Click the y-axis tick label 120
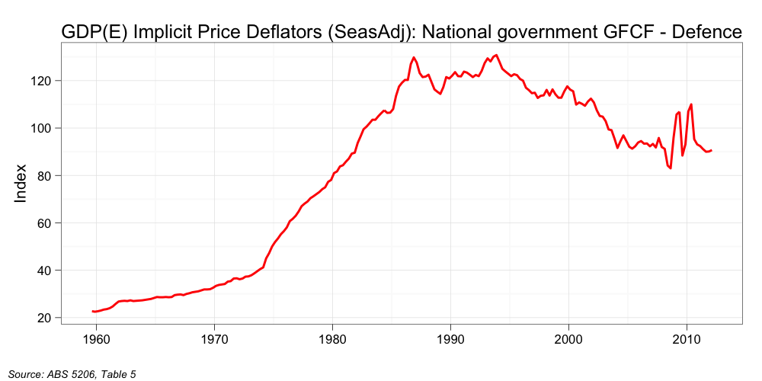pyautogui.click(x=40, y=81)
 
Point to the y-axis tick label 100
pyautogui.click(x=40, y=128)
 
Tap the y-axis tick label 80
pyautogui.click(x=43, y=175)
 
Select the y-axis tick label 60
pyautogui.click(x=43, y=223)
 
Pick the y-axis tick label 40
pyautogui.click(x=43, y=271)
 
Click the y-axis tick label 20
pyautogui.click(x=43, y=318)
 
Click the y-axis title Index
pyautogui.click(x=21, y=183)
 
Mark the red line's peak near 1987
pyautogui.click(x=414, y=57)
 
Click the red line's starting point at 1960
pyautogui.click(x=93, y=312)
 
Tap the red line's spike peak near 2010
pyautogui.click(x=691, y=104)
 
